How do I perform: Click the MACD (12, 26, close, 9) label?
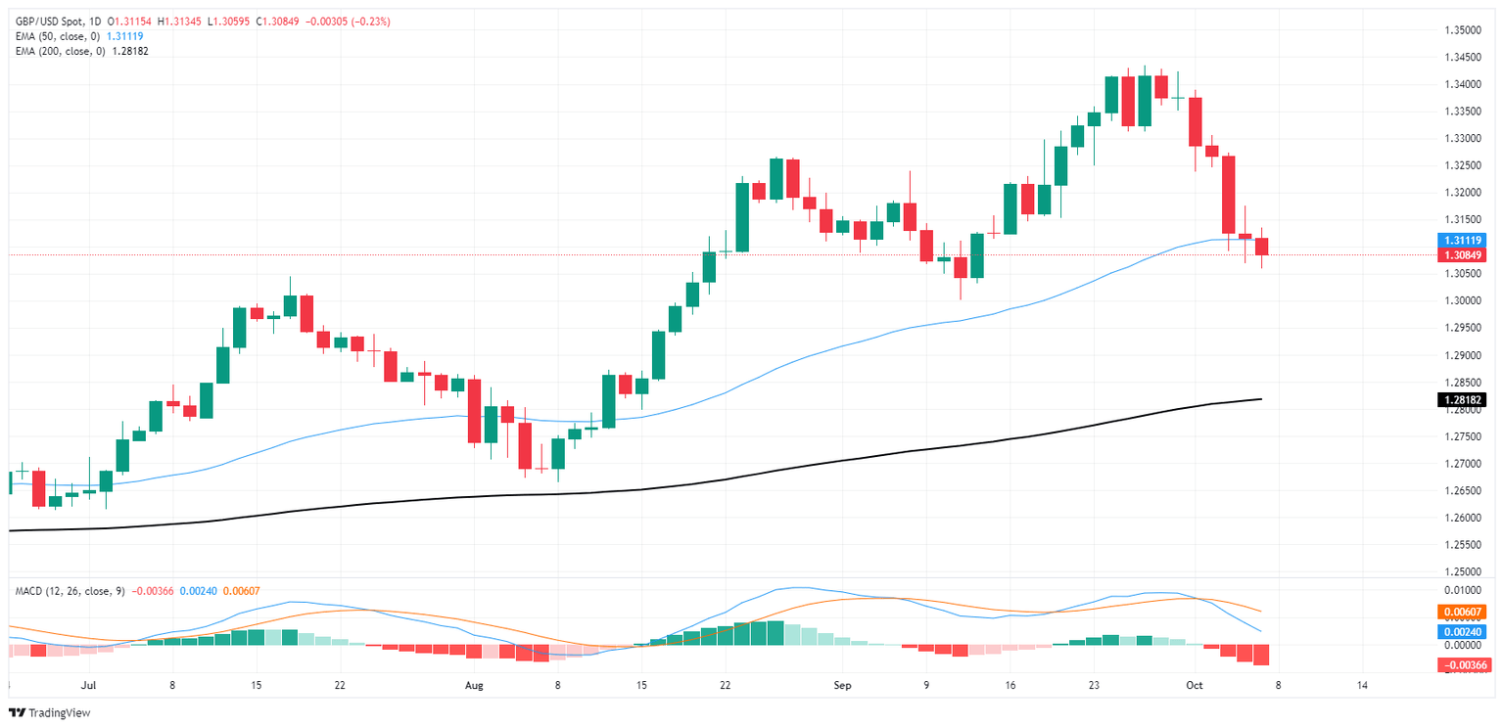click(x=70, y=590)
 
